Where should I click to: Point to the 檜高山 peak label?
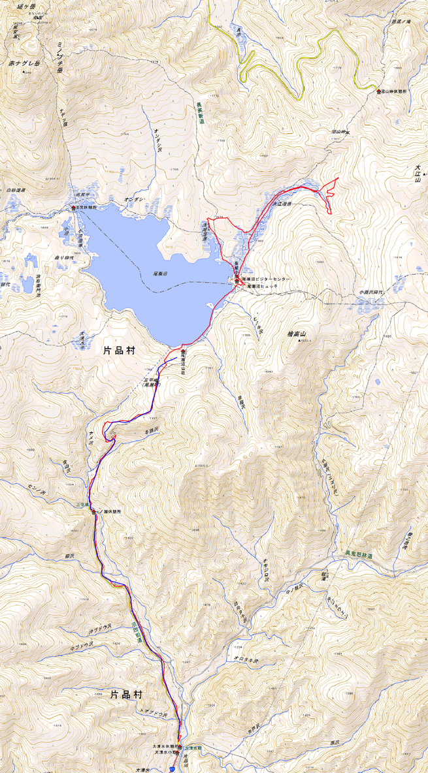[297, 334]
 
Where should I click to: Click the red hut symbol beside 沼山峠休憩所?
[378, 91]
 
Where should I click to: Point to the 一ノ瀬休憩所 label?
[107, 511]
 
